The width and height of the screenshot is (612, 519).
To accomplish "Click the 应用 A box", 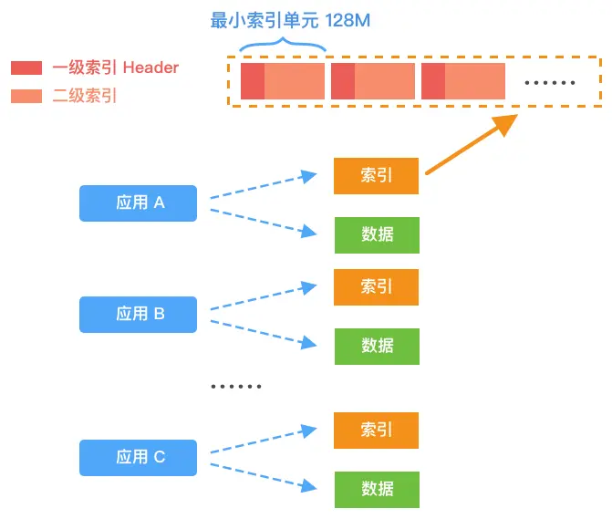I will click(x=138, y=203).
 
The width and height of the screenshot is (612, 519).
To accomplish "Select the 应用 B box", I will click(x=138, y=314).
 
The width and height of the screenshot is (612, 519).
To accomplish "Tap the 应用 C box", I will click(x=138, y=457).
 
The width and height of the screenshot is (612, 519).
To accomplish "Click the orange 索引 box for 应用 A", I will click(x=376, y=175).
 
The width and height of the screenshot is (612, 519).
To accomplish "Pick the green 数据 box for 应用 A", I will click(x=376, y=234).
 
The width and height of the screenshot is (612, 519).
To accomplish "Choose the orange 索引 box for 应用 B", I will click(x=376, y=286).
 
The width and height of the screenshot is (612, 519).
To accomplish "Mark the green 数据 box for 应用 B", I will click(x=376, y=346).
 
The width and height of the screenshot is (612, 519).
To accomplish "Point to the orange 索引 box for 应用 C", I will click(x=376, y=430).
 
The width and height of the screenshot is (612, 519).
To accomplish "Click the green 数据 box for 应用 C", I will click(x=376, y=489).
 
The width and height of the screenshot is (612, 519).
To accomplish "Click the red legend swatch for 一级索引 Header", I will click(x=26, y=67).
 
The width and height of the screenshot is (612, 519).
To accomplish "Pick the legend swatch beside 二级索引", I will click(x=26, y=95).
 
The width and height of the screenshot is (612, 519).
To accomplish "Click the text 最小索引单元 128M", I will click(x=290, y=20).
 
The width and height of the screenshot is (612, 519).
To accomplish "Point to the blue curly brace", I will click(x=282, y=45).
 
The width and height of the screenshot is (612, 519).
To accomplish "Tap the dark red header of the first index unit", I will click(x=252, y=81).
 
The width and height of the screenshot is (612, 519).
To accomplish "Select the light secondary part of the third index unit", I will click(x=475, y=81).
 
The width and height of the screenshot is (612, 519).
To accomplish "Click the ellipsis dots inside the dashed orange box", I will click(x=550, y=82).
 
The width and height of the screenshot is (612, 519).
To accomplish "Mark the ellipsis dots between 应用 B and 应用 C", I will click(x=235, y=387).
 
